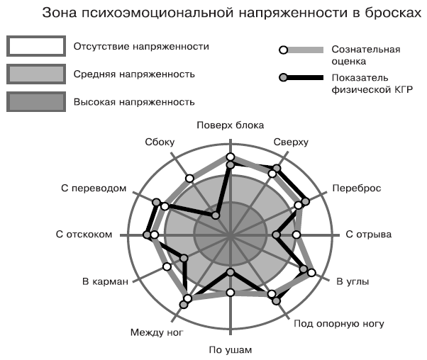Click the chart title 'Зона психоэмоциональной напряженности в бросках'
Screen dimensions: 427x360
coord(232,13)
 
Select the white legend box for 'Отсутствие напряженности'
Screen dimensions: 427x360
coord(36,46)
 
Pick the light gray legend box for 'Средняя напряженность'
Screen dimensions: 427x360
coord(36,74)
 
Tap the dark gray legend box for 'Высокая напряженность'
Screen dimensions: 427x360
coord(36,102)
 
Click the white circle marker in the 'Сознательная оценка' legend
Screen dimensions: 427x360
coord(284,50)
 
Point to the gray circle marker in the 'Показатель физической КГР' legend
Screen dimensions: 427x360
coord(284,78)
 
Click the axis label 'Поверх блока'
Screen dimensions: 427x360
coord(231,125)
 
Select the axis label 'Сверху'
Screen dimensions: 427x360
coord(291,142)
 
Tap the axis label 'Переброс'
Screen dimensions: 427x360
coord(357,189)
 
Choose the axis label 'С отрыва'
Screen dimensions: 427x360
coord(368,235)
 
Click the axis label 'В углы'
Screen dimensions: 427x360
coord(353,281)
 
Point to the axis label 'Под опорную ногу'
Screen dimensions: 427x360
coord(339,324)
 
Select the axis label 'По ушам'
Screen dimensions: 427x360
coord(231,350)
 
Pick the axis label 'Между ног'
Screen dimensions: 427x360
coord(157,332)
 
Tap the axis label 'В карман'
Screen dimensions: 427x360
coord(105,281)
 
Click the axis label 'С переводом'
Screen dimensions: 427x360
coord(94,189)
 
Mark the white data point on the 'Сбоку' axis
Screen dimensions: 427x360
coord(190,179)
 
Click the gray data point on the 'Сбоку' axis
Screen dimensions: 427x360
coord(216,215)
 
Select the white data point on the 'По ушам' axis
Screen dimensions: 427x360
coord(231,293)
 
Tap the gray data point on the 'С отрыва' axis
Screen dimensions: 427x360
coord(276,235)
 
